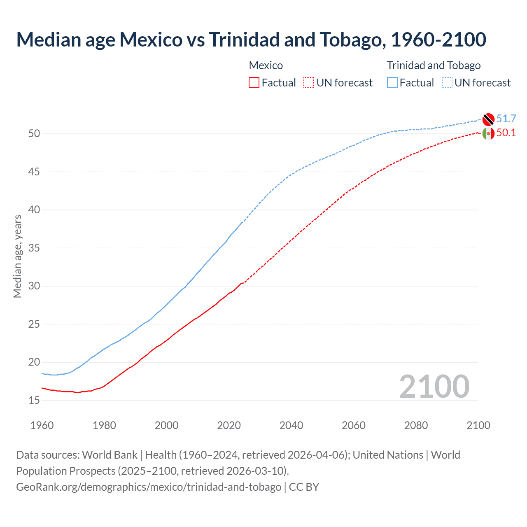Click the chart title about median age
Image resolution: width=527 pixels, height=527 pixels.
pyautogui.click(x=251, y=40)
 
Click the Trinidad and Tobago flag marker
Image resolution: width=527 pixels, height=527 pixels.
pyautogui.click(x=488, y=119)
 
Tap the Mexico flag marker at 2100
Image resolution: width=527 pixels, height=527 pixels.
pyautogui.click(x=488, y=133)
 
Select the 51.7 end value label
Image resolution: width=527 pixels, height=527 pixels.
pyautogui.click(x=506, y=119)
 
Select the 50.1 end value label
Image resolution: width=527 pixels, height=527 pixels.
pyautogui.click(x=506, y=133)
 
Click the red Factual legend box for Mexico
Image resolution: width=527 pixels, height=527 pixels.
pyautogui.click(x=254, y=82)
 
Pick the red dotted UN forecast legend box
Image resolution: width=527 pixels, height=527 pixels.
pyautogui.click(x=309, y=82)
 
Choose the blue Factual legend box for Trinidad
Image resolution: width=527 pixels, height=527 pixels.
pyautogui.click(x=392, y=82)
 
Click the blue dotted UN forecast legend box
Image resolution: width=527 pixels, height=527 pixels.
pyautogui.click(x=447, y=82)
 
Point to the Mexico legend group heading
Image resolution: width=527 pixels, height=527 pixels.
pyautogui.click(x=266, y=65)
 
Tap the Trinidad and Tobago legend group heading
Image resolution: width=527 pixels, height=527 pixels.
pyautogui.click(x=434, y=65)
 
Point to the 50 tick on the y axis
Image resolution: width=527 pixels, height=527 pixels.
pyautogui.click(x=34, y=134)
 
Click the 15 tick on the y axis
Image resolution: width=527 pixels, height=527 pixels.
pyautogui.click(x=34, y=400)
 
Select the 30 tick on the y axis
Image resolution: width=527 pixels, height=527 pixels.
pyautogui.click(x=34, y=286)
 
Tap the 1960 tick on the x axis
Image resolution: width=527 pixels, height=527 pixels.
pyautogui.click(x=42, y=425)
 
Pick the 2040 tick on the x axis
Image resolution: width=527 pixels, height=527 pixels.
pyautogui.click(x=291, y=425)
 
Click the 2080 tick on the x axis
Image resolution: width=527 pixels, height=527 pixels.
pyautogui.click(x=416, y=425)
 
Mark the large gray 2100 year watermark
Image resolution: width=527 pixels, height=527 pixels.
pyautogui.click(x=434, y=387)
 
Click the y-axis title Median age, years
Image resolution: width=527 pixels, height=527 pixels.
pyautogui.click(x=17, y=256)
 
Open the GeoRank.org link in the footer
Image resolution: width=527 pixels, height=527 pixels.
pyautogui.click(x=148, y=487)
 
